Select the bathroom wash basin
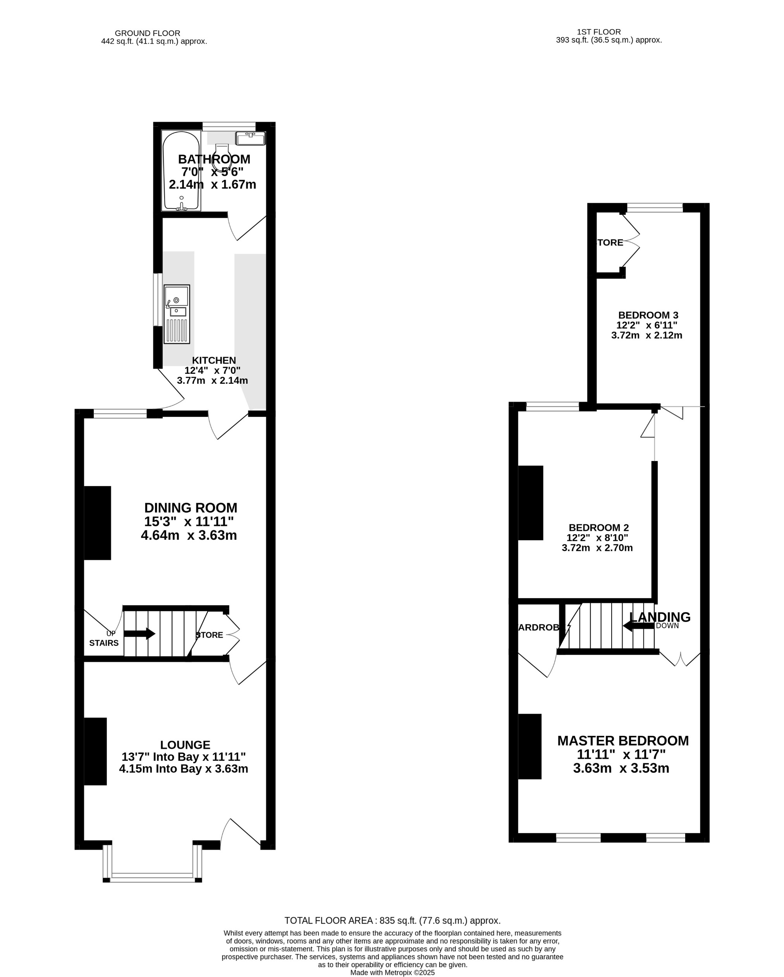[x=250, y=138]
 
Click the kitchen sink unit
[x=177, y=314]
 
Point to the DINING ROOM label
[x=191, y=507]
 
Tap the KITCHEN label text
[x=214, y=360]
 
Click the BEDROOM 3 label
[x=648, y=315]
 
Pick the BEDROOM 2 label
[x=598, y=528]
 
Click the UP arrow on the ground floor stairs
[x=139, y=633]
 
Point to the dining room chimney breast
[x=97, y=523]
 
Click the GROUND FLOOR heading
[x=148, y=33]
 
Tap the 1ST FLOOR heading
[x=598, y=32]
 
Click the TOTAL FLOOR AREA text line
[x=392, y=920]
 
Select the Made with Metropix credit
[x=392, y=972]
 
